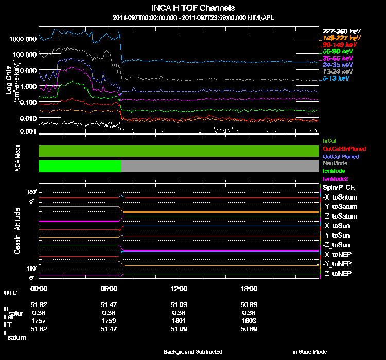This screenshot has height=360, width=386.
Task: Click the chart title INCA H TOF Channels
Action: click(193, 8)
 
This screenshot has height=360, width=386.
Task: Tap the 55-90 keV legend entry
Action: click(338, 51)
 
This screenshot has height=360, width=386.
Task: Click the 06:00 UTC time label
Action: click(110, 289)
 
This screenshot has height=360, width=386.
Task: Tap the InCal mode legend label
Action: click(329, 140)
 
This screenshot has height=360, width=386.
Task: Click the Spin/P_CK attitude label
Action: click(338, 188)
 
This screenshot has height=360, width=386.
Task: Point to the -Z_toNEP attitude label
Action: click(338, 273)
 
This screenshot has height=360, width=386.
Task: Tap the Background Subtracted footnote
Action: click(193, 352)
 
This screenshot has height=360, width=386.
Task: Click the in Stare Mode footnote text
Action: click(309, 352)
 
